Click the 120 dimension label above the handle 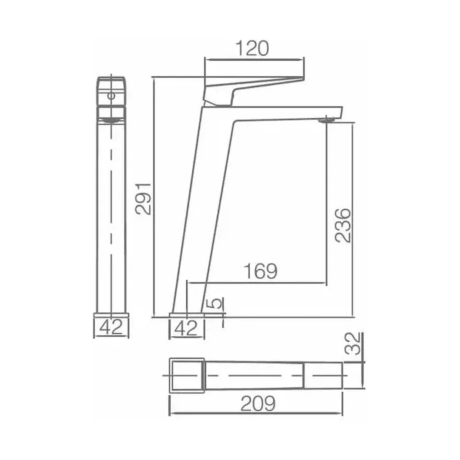click(252, 49)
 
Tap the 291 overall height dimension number click(144, 199)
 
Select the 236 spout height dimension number click(343, 225)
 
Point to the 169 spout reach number click(260, 271)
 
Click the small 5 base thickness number click(216, 304)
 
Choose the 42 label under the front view click(111, 328)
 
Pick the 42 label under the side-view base click(186, 328)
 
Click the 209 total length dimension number click(258, 404)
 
